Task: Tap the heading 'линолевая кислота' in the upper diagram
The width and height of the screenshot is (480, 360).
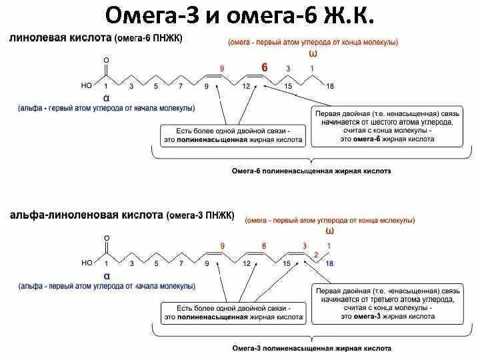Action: pos(59,39)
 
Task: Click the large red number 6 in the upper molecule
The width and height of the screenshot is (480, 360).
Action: pos(264,68)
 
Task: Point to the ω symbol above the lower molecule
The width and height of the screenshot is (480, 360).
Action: pos(329,231)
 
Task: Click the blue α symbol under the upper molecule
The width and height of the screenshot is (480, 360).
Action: pos(106,97)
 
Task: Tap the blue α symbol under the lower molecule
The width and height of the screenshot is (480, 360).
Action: pos(106,274)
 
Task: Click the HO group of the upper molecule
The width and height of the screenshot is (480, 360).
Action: pos(87,86)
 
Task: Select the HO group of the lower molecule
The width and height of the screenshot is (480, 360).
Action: pos(87,263)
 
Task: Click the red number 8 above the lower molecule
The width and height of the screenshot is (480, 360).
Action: pos(264,246)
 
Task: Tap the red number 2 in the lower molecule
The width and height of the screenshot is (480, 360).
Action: pos(316,254)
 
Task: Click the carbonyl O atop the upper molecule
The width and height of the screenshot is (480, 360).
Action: pos(106,60)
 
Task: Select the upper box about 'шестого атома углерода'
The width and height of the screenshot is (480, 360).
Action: pos(387,126)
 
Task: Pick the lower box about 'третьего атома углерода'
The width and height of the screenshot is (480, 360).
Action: pos(387,303)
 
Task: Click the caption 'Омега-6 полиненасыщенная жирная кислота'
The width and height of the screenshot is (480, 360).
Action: pos(311,171)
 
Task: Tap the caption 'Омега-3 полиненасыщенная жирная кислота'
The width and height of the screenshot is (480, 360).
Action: pos(311,349)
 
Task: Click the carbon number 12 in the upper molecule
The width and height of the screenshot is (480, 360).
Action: pos(246,86)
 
